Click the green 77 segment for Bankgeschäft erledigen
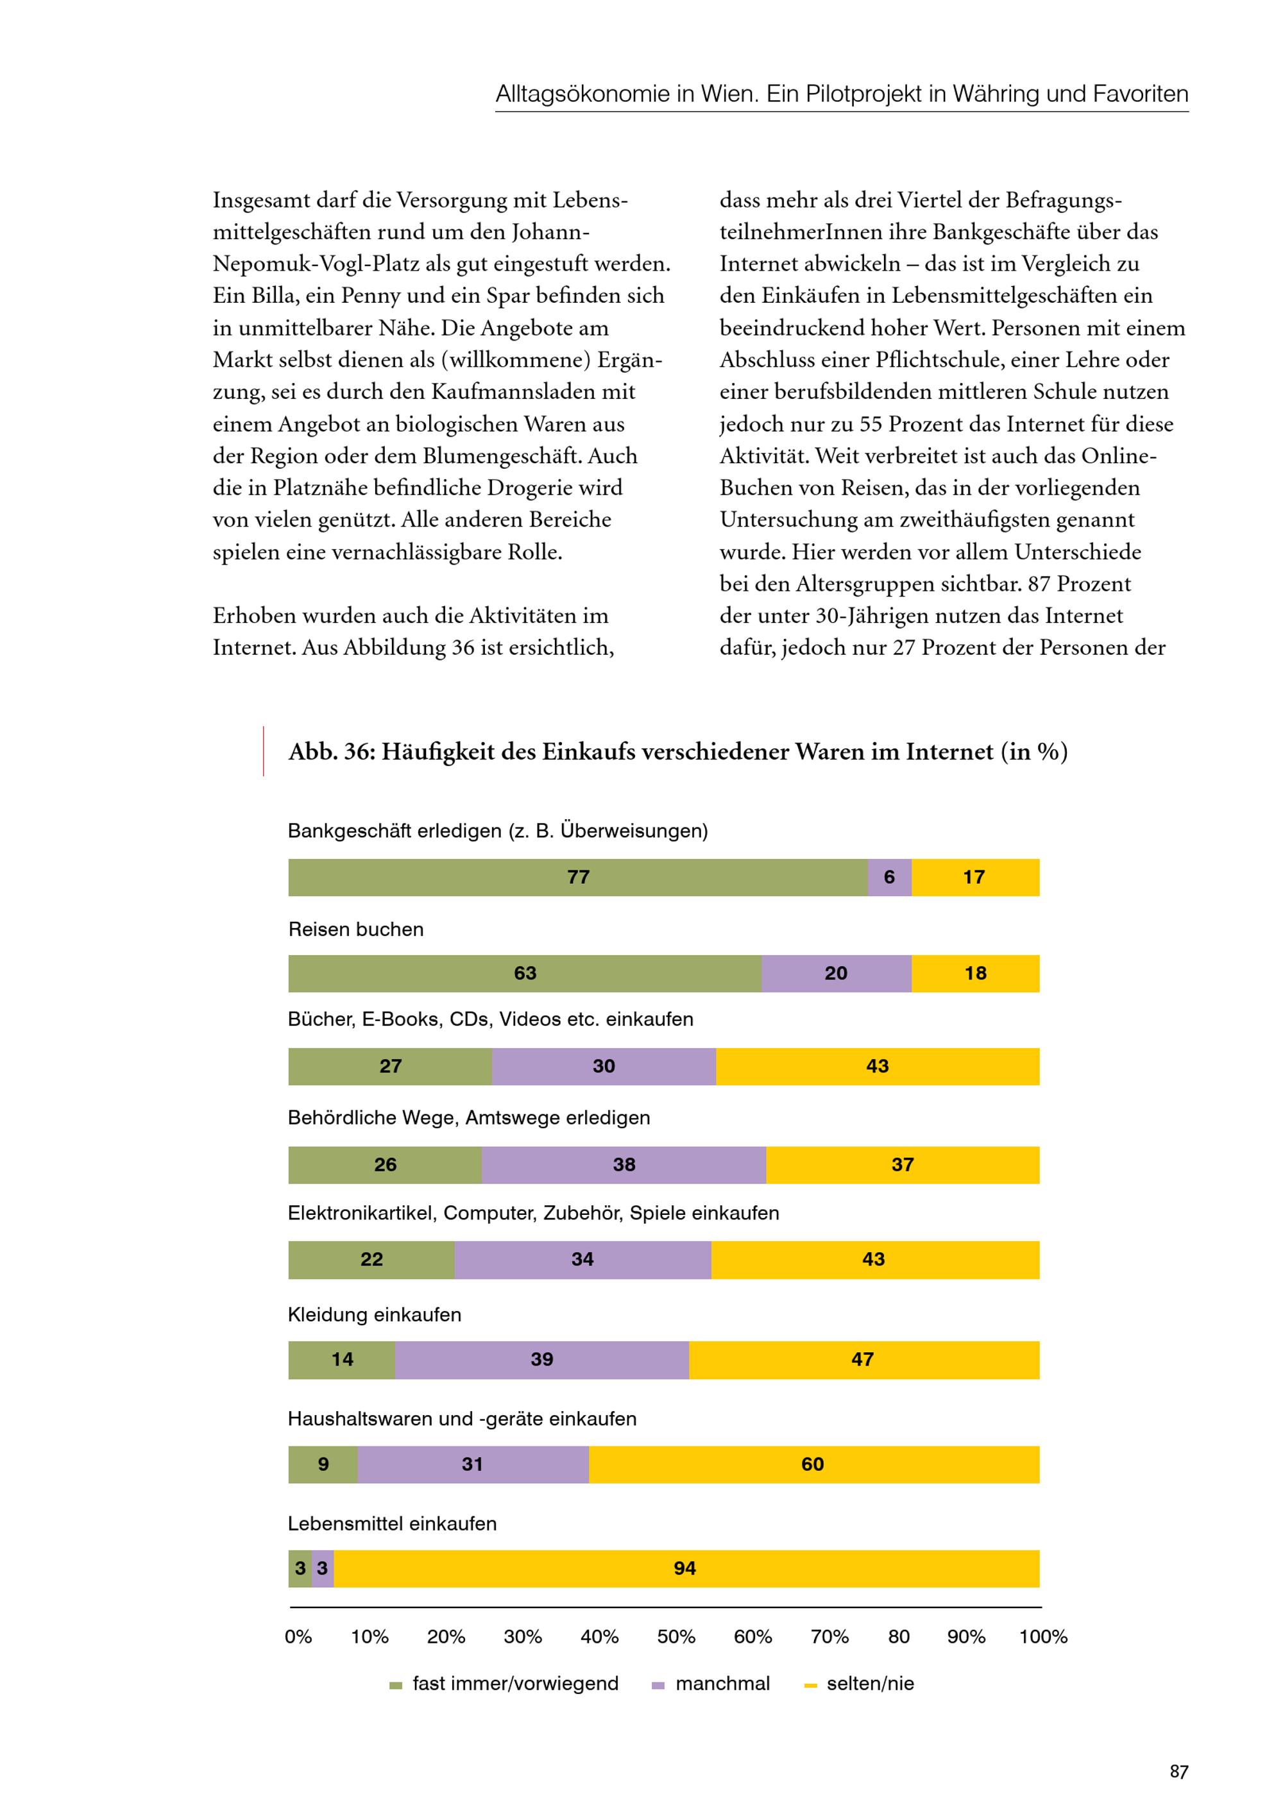coord(577,877)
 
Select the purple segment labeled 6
coord(890,877)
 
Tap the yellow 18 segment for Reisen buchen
coord(975,973)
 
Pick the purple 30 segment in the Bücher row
coord(604,1067)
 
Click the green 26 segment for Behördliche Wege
coord(385,1165)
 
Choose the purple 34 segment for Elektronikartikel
coord(582,1259)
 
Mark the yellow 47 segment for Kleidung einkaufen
coord(863,1360)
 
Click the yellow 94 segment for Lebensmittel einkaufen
coord(685,1569)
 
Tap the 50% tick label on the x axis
coord(676,1637)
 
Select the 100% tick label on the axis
coord(1043,1637)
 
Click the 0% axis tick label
coord(299,1637)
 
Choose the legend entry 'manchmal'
coord(722,1684)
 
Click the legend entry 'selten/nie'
coord(870,1684)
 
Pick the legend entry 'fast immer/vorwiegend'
coord(515,1684)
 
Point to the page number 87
coord(1178,1772)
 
